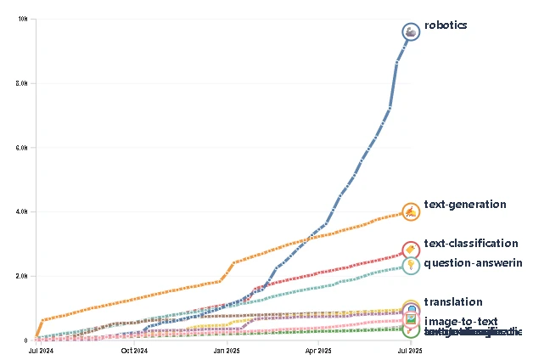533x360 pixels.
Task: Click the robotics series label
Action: pyautogui.click(x=446, y=25)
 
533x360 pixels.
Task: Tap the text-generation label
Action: pyautogui.click(x=465, y=205)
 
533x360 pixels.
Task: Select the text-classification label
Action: pyautogui.click(x=470, y=244)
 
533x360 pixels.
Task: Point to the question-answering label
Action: pyautogui.click(x=472, y=263)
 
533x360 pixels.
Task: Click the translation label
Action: pyautogui.click(x=453, y=302)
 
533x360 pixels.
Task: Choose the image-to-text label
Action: pyautogui.click(x=460, y=321)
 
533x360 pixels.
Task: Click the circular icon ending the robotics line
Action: pyautogui.click(x=411, y=32)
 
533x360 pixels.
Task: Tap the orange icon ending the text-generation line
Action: pyautogui.click(x=410, y=211)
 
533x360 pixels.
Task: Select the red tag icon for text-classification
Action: pyautogui.click(x=410, y=250)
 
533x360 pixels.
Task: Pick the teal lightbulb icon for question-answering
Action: pyautogui.click(x=410, y=266)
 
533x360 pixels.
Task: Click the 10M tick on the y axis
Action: pyautogui.click(x=24, y=19)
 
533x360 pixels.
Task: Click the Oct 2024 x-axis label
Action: pyautogui.click(x=134, y=349)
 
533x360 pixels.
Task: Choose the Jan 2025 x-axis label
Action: pyautogui.click(x=227, y=349)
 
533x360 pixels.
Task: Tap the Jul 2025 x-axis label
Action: pyautogui.click(x=411, y=349)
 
